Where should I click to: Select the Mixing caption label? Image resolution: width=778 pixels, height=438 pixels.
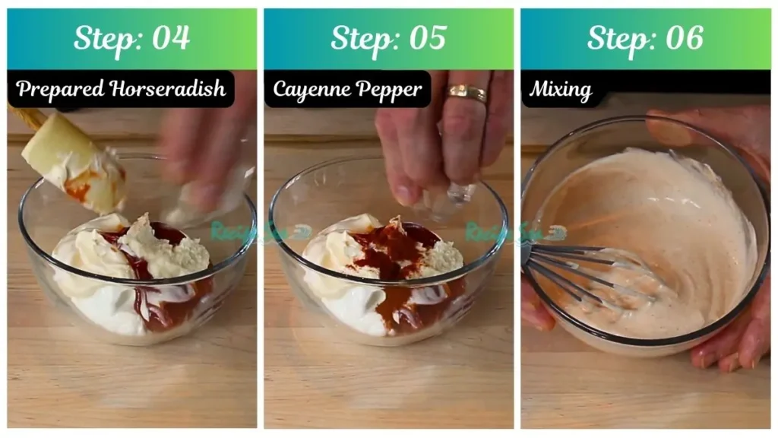[561, 90]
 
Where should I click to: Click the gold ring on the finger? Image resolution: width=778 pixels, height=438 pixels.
[466, 94]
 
